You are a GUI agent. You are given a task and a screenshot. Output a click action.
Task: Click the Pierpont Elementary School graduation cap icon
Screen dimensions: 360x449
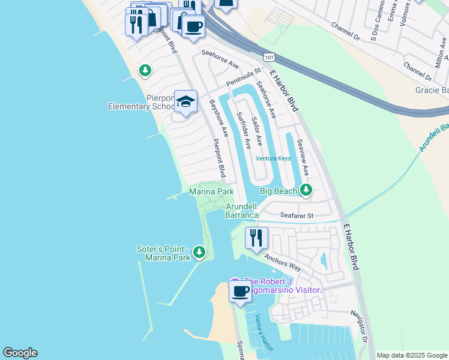(186, 101)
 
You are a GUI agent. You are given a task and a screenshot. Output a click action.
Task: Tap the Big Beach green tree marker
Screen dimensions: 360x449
(307, 190)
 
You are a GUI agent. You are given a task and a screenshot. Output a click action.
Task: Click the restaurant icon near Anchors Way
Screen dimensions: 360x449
(256, 238)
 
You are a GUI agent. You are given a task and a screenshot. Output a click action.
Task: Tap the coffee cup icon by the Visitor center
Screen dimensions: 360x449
(241, 292)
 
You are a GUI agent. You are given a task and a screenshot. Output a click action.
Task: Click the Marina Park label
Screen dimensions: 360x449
(211, 191)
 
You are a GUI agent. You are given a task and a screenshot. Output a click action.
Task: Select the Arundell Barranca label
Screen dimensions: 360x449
(242, 211)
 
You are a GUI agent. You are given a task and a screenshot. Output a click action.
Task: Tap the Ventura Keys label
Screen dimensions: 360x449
(273, 158)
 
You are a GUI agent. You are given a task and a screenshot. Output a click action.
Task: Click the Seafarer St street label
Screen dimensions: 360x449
(297, 215)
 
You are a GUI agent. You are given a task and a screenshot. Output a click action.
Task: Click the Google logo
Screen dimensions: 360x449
(20, 353)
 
